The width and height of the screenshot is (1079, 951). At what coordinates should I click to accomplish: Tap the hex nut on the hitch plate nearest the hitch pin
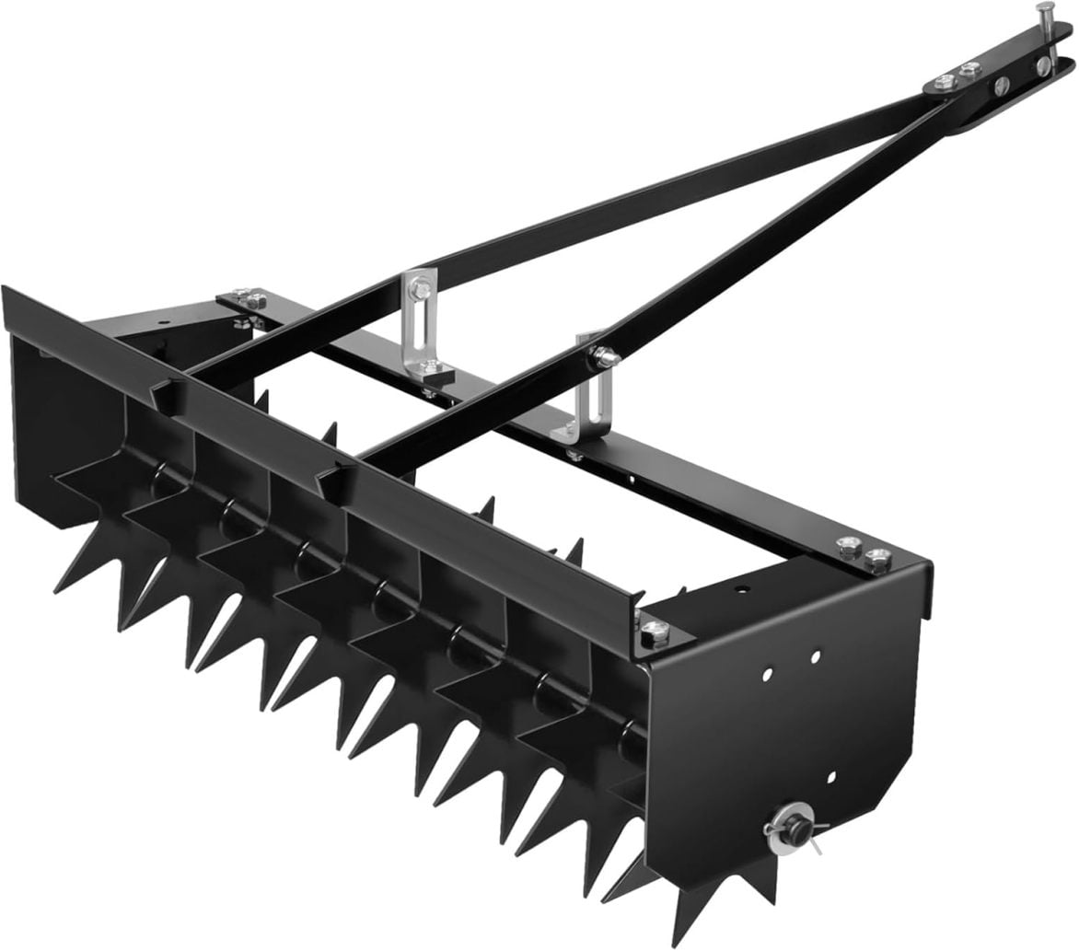pos(969,69)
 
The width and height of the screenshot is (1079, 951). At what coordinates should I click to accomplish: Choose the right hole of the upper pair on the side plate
pos(816,657)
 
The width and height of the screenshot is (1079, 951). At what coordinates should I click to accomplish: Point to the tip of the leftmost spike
pos(55,590)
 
